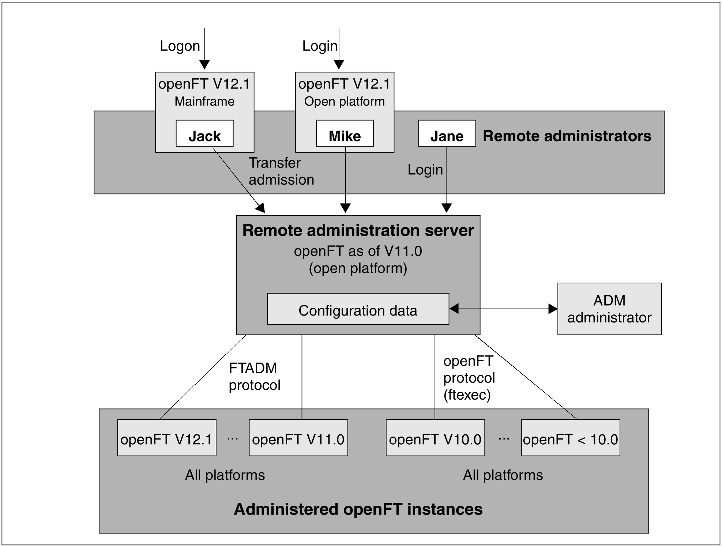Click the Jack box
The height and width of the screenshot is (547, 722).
point(204,133)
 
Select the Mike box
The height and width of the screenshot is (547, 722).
point(345,133)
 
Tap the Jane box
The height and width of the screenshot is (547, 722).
point(447,133)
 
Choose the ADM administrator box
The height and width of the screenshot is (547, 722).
point(609,309)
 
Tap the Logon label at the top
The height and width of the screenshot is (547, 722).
point(180,46)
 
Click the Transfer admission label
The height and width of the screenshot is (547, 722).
point(281,171)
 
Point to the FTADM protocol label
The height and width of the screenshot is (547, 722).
point(254,376)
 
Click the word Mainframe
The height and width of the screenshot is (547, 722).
point(204,101)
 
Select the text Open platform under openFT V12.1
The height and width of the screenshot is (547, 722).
point(344,101)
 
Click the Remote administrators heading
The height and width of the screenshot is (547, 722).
point(567,136)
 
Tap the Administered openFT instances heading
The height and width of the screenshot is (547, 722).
point(358,509)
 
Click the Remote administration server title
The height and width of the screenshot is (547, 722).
point(358,230)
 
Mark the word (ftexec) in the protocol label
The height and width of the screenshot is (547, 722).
point(467,395)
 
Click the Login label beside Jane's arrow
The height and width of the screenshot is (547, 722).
point(425,170)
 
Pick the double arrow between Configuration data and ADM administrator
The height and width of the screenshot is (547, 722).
point(503,309)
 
